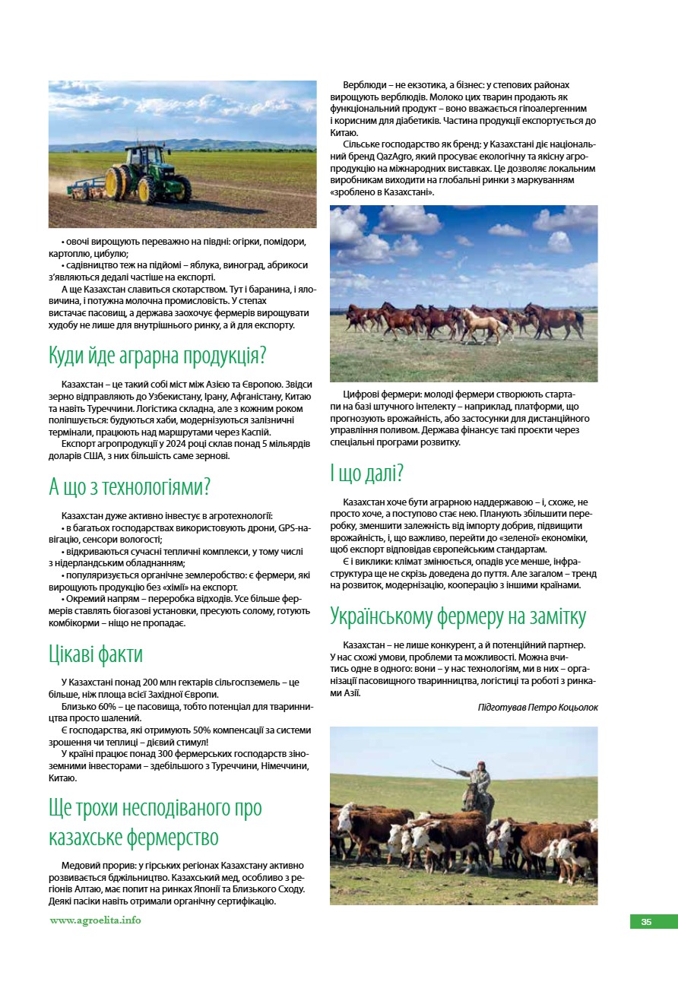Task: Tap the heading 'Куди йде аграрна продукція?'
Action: pyautogui.click(x=157, y=355)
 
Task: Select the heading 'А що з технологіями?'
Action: pyautogui.click(x=129, y=486)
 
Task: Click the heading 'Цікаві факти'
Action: pyautogui.click(x=96, y=654)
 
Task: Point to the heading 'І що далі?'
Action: pyautogui.click(x=367, y=473)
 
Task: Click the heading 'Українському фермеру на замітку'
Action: pyautogui.click(x=458, y=616)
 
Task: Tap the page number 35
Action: pyautogui.click(x=646, y=922)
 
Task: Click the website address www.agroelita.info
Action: pyautogui.click(x=96, y=920)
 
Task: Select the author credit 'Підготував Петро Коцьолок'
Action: pyautogui.click(x=537, y=707)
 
